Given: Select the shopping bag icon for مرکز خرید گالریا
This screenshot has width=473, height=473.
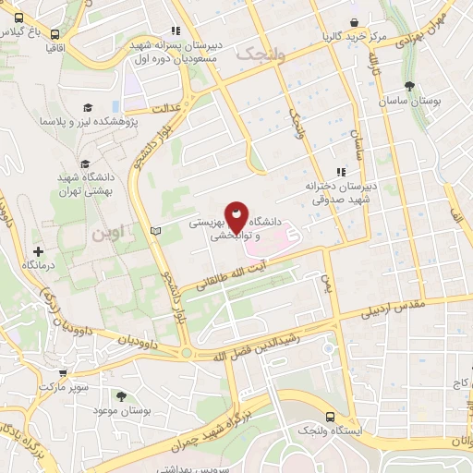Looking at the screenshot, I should tap(354, 23).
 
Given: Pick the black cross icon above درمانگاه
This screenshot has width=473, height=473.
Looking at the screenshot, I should tap(38, 251).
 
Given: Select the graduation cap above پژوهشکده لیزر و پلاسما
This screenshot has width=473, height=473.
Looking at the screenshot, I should tap(88, 108).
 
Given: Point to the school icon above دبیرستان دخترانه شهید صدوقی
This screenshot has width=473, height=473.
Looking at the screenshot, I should tap(341, 171).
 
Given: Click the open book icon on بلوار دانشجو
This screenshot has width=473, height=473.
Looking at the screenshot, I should tap(155, 229).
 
